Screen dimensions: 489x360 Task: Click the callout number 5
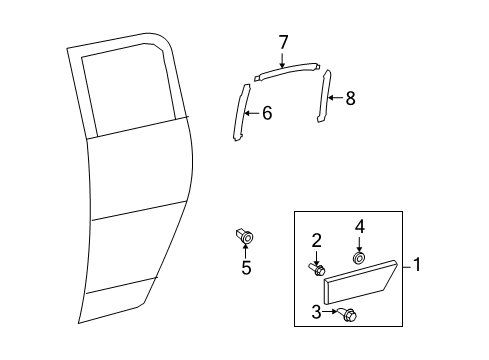pos(246,268)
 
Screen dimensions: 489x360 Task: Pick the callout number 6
pos(266,113)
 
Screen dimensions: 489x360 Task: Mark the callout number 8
pos(349,99)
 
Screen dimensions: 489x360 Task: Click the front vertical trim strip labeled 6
pos(241,113)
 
